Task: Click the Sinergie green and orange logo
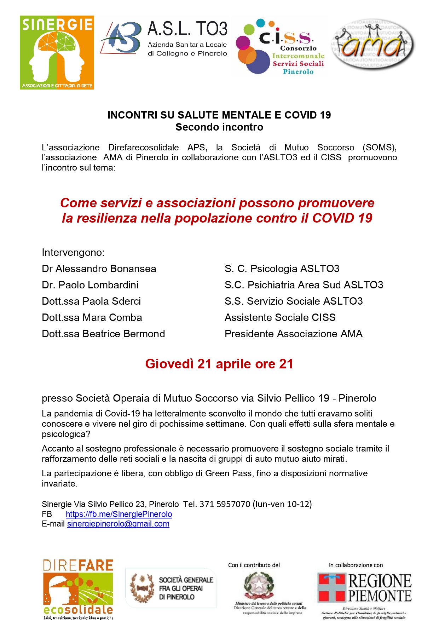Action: [57, 52]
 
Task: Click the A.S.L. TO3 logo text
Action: [187, 29]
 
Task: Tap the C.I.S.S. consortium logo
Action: [279, 47]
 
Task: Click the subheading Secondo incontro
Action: [219, 127]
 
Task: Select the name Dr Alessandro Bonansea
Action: [99, 269]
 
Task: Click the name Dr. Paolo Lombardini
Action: [90, 285]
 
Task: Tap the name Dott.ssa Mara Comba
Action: [92, 317]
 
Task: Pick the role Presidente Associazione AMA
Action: [294, 334]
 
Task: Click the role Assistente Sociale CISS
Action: [280, 317]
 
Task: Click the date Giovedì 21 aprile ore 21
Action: [219, 364]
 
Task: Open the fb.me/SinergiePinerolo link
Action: [119, 514]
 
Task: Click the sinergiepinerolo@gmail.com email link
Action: [118, 524]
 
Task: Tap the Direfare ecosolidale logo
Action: [78, 588]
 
